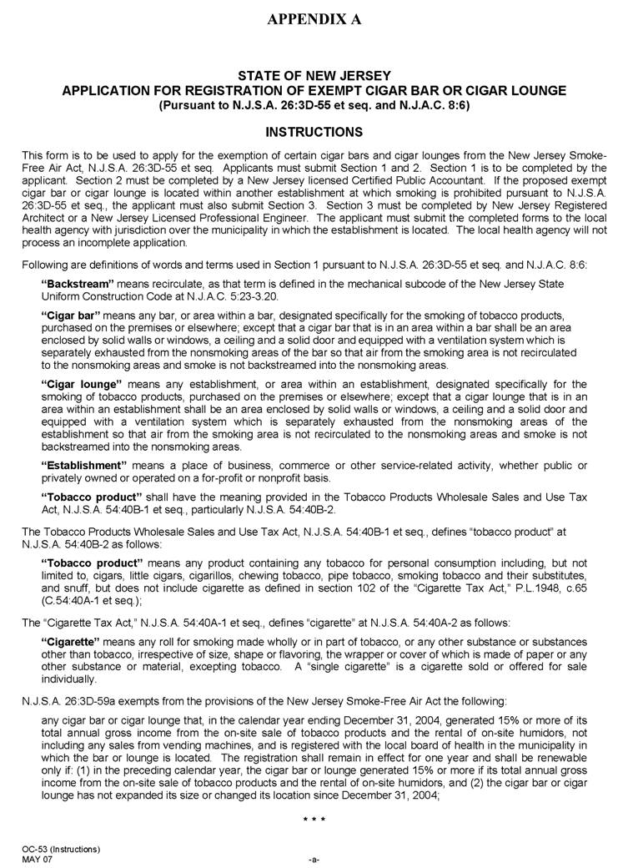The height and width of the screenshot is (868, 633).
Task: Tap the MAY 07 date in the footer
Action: click(x=38, y=858)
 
